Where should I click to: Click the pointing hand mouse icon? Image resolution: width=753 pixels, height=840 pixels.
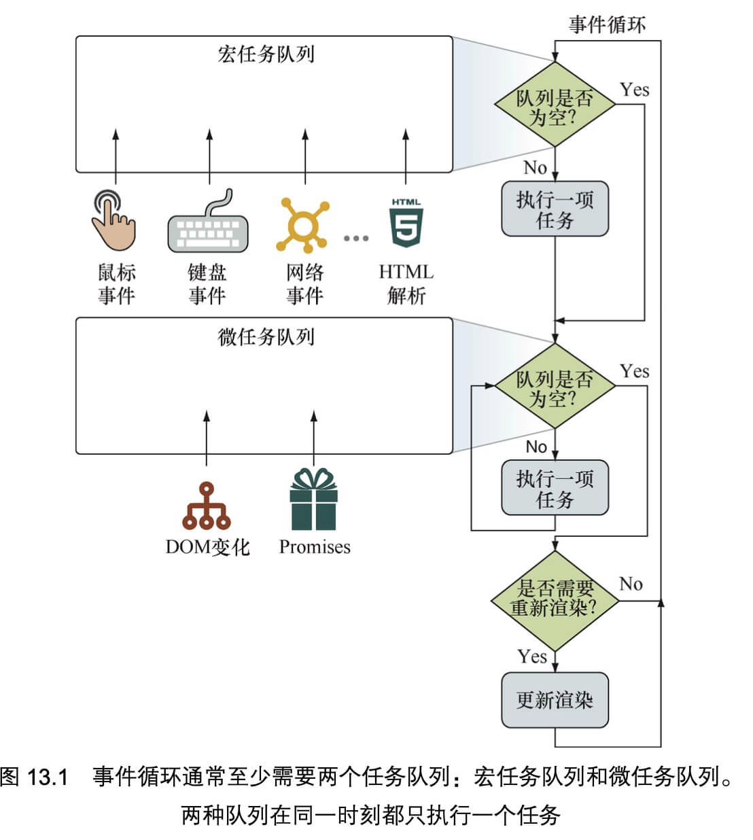click(113, 220)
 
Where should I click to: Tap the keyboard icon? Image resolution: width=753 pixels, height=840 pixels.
click(208, 222)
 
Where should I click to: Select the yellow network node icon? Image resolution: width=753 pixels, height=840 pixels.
click(302, 225)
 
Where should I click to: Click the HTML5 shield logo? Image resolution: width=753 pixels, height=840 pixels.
click(406, 223)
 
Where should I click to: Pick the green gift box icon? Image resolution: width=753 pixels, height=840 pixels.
click(313, 499)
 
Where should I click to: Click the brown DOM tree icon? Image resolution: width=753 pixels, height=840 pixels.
click(207, 506)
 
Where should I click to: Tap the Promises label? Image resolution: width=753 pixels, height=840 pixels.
click(315, 547)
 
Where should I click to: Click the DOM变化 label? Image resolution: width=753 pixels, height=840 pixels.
click(208, 547)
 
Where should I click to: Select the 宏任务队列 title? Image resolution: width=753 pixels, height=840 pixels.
click(266, 54)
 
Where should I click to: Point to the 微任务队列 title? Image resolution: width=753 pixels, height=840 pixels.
click(266, 336)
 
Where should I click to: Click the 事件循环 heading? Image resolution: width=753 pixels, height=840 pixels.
click(607, 24)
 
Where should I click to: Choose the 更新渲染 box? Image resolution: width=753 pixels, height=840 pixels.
click(555, 700)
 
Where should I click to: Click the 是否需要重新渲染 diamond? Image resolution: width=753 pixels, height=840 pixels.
click(555, 601)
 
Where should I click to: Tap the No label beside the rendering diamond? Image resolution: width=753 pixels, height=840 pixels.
click(631, 584)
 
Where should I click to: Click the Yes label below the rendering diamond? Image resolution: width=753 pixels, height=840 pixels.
click(532, 657)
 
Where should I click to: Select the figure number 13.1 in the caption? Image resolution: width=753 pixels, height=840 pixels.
click(47, 777)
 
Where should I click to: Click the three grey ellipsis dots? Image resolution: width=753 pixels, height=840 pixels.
click(356, 238)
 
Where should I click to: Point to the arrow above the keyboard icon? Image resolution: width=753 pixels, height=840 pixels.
click(209, 156)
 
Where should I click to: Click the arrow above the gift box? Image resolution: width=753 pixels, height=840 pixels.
click(314, 438)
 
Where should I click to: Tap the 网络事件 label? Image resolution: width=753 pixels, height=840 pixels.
click(304, 285)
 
